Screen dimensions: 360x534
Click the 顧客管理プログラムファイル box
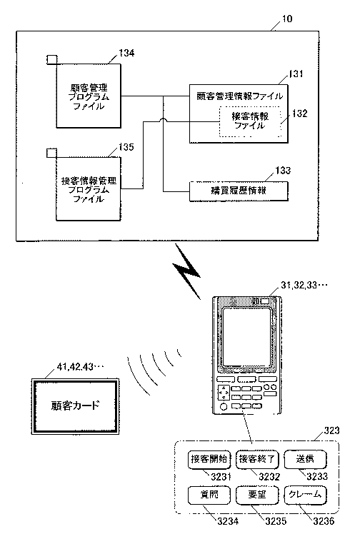(89, 96)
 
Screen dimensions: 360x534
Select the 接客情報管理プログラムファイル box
(89, 189)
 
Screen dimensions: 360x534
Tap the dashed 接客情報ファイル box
(250, 121)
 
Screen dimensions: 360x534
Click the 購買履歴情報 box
(239, 191)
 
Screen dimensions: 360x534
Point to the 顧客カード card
(75, 406)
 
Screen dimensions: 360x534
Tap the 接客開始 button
(209, 460)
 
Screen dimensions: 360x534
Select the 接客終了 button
(257, 460)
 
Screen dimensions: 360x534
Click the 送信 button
(305, 460)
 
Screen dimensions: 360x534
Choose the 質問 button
(209, 495)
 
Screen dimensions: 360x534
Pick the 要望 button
(257, 495)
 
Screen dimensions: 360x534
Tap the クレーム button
(305, 495)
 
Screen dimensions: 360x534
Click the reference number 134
(126, 53)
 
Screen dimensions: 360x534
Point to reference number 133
(283, 170)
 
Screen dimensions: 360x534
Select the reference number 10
(287, 19)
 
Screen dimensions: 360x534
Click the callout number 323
(331, 430)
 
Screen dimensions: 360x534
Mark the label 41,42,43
(75, 367)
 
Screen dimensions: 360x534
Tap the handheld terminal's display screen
(247, 337)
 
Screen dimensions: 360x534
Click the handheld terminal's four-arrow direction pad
(224, 393)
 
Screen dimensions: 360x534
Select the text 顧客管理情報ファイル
(239, 96)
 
